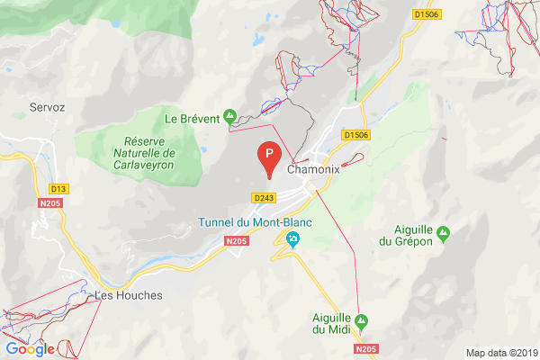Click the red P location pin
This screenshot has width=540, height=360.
click(268, 156)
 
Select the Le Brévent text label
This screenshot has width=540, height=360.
click(192, 117)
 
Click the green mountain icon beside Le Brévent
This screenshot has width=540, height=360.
click(229, 116)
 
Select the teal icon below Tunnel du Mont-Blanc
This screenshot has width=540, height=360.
click(292, 239)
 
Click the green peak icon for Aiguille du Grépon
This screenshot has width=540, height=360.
click(442, 235)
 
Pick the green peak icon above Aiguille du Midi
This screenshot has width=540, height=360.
click(362, 319)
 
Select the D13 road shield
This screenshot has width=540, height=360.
click(58, 188)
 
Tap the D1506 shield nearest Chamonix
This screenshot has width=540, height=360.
click(356, 135)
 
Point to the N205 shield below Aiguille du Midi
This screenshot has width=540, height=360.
click(365, 348)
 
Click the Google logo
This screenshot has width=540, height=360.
click(30, 349)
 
